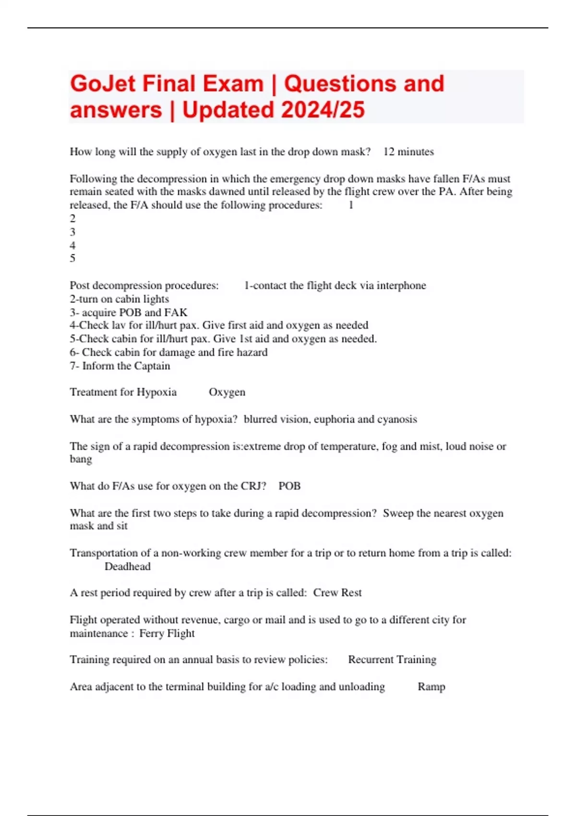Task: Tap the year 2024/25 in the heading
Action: (323, 110)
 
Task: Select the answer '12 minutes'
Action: (408, 152)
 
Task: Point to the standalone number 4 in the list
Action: (72, 245)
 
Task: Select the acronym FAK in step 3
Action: (176, 312)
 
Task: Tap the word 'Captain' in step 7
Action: (151, 366)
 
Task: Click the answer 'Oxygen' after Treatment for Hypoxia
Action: (227, 393)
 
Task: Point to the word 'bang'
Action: (81, 459)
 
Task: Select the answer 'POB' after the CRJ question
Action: (289, 486)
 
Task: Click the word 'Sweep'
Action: (398, 513)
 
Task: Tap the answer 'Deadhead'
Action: (128, 567)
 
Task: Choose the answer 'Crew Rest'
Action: (337, 593)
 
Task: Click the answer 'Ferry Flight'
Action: (167, 634)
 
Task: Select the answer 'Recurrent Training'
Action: (392, 660)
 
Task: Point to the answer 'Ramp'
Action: (432, 687)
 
